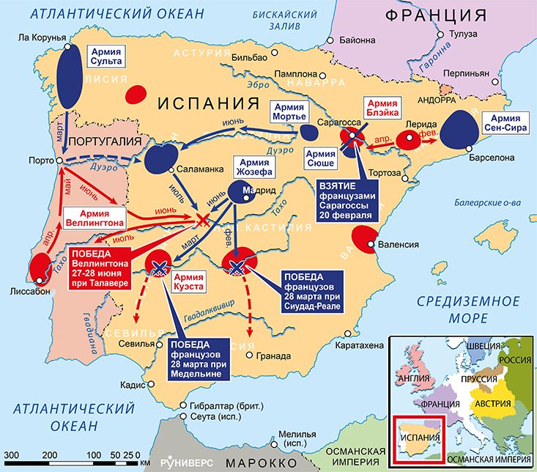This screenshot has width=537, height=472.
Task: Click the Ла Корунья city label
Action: (x=41, y=37)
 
